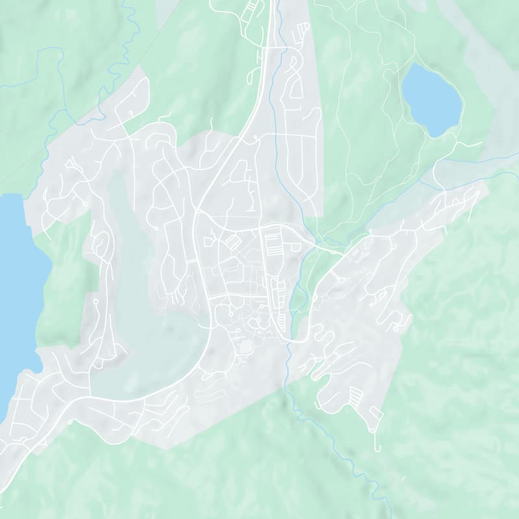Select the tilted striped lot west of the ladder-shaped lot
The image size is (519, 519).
point(232,243)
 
